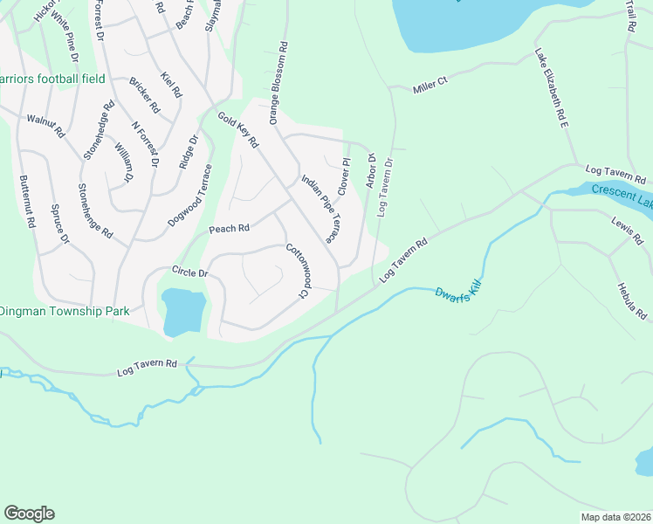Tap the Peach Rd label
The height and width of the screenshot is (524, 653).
coord(229,229)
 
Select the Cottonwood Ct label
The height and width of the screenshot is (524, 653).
coord(299,270)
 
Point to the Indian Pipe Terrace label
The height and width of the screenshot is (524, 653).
coord(320,208)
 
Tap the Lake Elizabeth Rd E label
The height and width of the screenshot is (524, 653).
coord(552,90)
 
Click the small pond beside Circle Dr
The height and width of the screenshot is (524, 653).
coord(184,312)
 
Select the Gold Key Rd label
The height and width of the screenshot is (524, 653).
coord(238,129)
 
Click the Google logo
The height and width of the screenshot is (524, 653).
coord(29,514)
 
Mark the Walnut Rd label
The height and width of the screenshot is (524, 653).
coord(45,126)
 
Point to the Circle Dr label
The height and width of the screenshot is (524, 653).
coord(190,272)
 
